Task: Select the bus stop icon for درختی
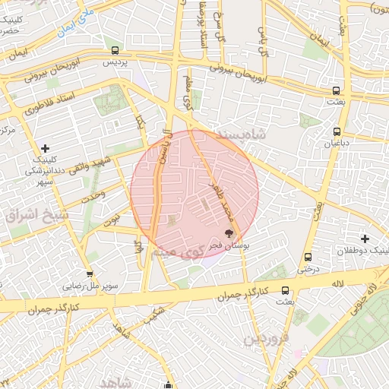[307, 258]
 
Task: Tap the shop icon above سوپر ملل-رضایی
[90, 274]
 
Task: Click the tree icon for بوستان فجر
[229, 234]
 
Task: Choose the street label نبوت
[112, 220]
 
